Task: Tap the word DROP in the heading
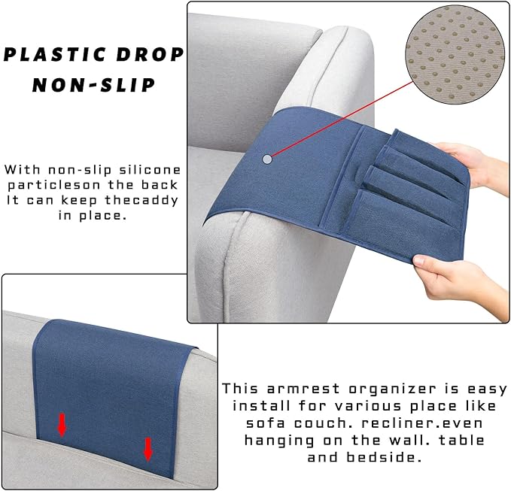155,56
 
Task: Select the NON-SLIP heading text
93,85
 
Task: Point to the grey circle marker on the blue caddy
268,159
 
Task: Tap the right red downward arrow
148,449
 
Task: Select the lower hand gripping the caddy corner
452,274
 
